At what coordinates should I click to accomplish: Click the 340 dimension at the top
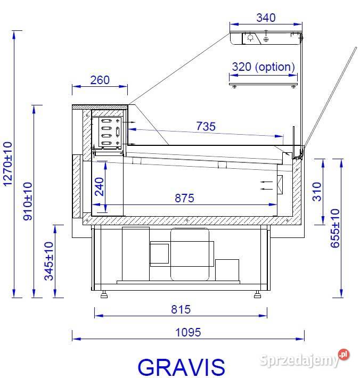[266, 18]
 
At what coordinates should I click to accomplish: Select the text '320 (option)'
[263, 67]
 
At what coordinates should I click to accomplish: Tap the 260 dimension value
[100, 80]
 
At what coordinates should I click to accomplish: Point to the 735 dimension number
[206, 126]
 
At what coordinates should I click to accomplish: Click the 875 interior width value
[184, 198]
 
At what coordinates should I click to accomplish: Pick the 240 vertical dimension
[100, 187]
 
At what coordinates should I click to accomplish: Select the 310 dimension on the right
[317, 192]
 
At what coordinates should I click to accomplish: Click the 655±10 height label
[335, 228]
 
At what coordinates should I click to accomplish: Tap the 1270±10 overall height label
[7, 164]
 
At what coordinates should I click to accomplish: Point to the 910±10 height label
[28, 201]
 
